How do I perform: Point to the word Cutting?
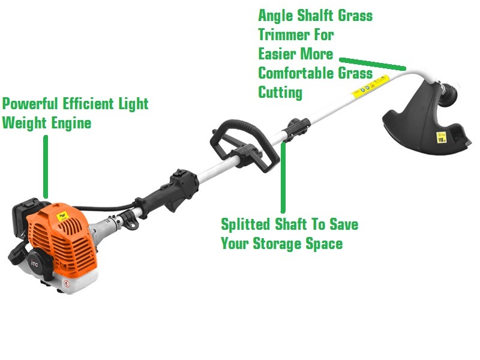(280, 92)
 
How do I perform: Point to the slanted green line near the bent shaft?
(372, 63)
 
